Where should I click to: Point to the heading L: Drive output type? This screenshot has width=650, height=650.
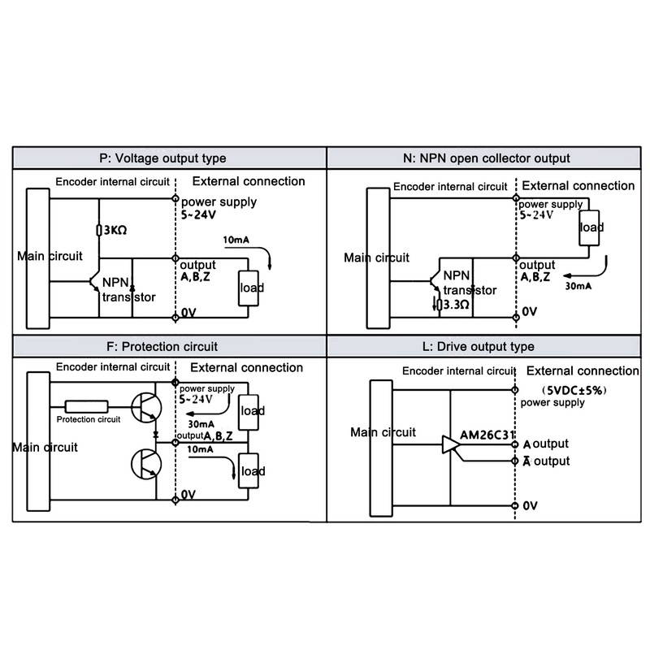[487, 346]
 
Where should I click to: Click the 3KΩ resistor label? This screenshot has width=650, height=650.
[114, 231]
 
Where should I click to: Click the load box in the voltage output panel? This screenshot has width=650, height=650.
[249, 287]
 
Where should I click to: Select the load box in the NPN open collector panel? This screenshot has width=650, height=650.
[590, 228]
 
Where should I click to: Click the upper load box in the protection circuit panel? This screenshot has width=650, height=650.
[251, 410]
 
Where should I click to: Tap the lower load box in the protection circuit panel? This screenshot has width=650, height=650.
[251, 471]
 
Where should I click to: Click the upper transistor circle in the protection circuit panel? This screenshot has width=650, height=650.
[146, 409]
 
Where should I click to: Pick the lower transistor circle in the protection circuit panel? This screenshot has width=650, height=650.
[146, 466]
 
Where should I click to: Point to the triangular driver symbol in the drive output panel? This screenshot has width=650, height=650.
[451, 444]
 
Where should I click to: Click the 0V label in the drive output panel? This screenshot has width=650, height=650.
[531, 505]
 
